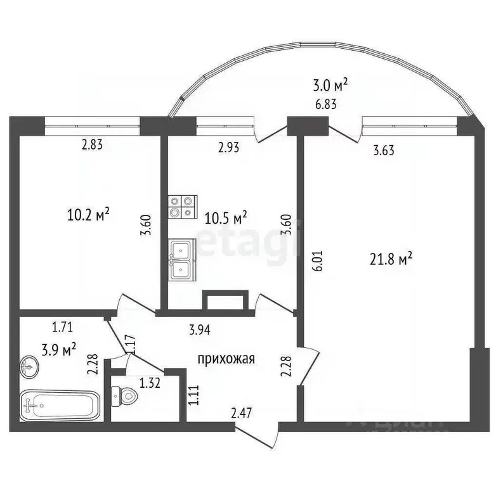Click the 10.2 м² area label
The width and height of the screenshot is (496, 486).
click(88, 215)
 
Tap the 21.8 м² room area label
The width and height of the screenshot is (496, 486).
click(391, 258)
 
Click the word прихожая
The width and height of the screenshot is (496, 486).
click(226, 359)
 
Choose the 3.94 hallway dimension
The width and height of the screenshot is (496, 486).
click(200, 329)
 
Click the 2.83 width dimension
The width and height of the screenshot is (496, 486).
click(92, 145)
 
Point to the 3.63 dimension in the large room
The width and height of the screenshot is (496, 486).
click(385, 151)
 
